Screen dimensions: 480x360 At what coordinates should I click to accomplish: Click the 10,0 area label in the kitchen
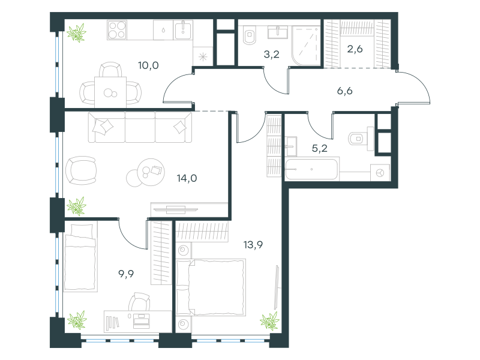click(148, 65)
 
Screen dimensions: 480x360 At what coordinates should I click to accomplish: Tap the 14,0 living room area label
click(187, 178)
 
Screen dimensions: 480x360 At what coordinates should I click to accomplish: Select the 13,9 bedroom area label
click(253, 245)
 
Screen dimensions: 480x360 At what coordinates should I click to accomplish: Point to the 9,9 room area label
click(126, 274)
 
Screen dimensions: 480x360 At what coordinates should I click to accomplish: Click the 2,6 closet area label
click(355, 49)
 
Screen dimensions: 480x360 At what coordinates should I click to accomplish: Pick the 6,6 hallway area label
click(344, 91)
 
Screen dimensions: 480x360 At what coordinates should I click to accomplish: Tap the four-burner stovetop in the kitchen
click(117, 30)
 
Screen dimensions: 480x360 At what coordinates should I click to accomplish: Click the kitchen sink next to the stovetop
click(183, 29)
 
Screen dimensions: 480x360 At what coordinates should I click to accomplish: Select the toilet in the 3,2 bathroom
click(249, 35)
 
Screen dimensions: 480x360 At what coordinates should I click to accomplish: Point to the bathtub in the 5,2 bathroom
click(312, 169)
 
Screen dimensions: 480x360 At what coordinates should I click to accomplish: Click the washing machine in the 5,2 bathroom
click(380, 173)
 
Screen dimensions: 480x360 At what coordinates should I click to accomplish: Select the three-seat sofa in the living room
click(140, 127)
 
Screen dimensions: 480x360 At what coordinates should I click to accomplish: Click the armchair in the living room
click(81, 170)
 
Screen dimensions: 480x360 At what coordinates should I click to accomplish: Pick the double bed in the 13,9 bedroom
click(211, 287)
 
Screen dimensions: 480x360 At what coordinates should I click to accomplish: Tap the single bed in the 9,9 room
click(80, 257)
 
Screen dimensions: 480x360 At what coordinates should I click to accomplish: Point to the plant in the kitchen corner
click(77, 33)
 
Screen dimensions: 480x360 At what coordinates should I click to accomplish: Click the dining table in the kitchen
click(110, 92)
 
